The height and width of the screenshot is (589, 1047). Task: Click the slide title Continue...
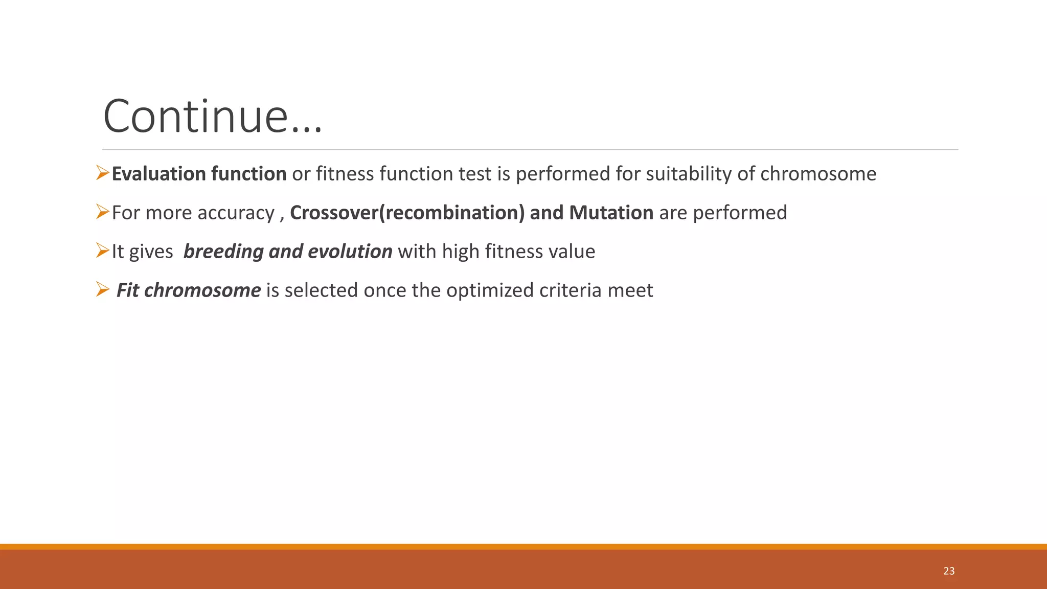coord(213,117)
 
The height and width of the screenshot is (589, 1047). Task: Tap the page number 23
coord(949,571)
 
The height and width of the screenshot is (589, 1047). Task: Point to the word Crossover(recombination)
coord(407,213)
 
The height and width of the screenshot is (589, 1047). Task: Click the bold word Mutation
coord(611,213)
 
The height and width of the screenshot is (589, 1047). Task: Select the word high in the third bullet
coord(461,252)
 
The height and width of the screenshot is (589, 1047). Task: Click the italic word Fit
coord(127,290)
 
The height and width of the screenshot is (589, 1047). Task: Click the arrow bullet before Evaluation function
coord(103,173)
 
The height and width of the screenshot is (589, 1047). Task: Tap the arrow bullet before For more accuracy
coord(103,212)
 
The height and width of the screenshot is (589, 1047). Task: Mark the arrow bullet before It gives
coord(103,251)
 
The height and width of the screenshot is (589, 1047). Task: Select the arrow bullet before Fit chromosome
coord(103,290)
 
